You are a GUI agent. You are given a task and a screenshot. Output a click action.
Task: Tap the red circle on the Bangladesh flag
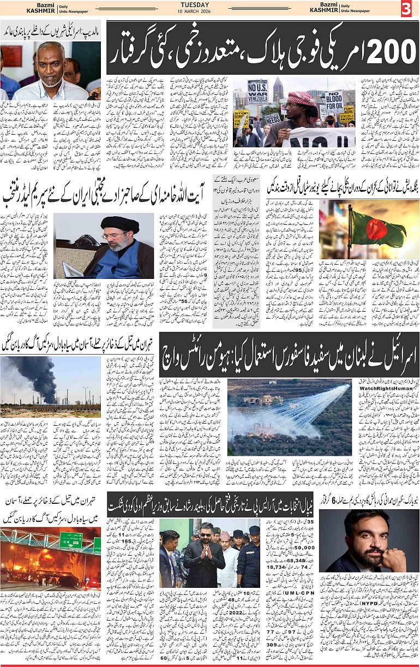tap(376, 229)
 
